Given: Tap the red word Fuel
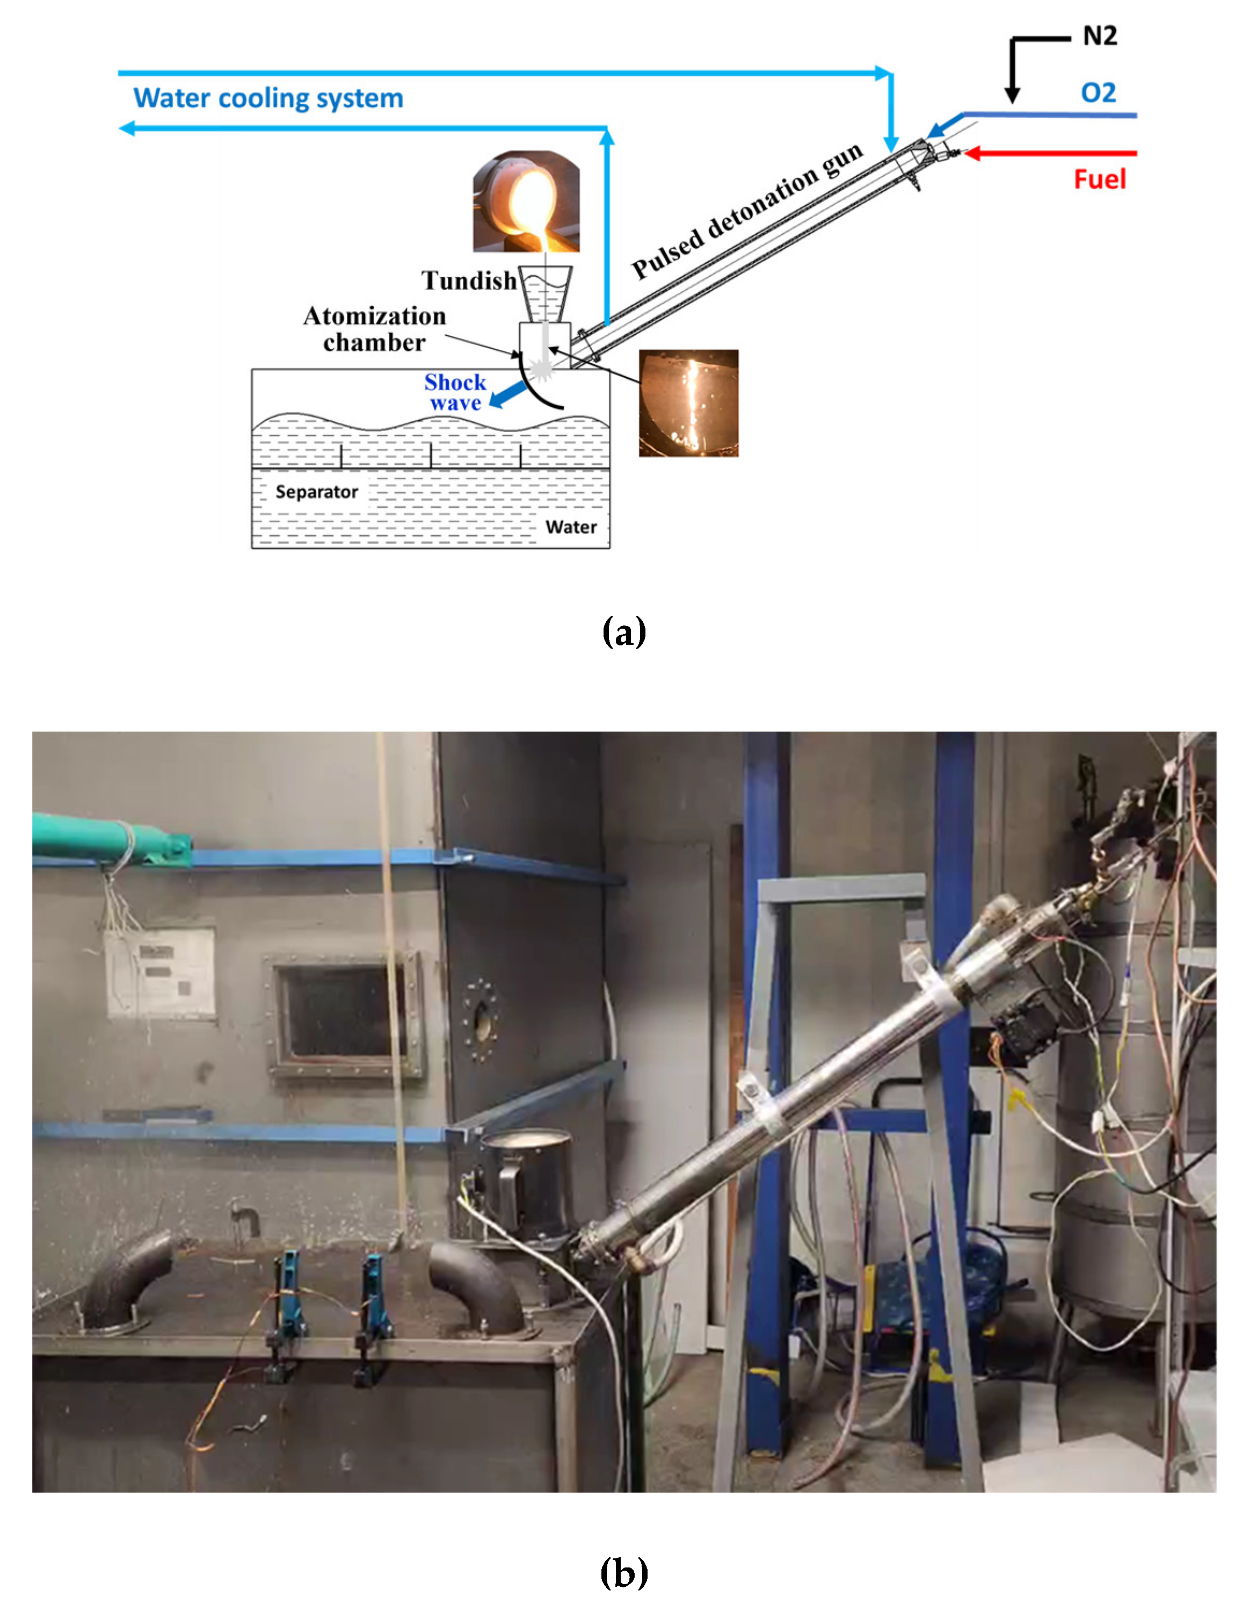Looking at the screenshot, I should coord(1099,179).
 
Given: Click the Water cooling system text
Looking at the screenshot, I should coord(268,98).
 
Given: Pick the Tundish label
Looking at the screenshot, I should coord(468,280).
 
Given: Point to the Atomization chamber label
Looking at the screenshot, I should coord(374,329).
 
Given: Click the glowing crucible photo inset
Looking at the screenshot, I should coord(526,201).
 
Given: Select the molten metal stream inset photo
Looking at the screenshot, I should coord(688,402).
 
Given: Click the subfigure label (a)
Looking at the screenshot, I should coord(623,631).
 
